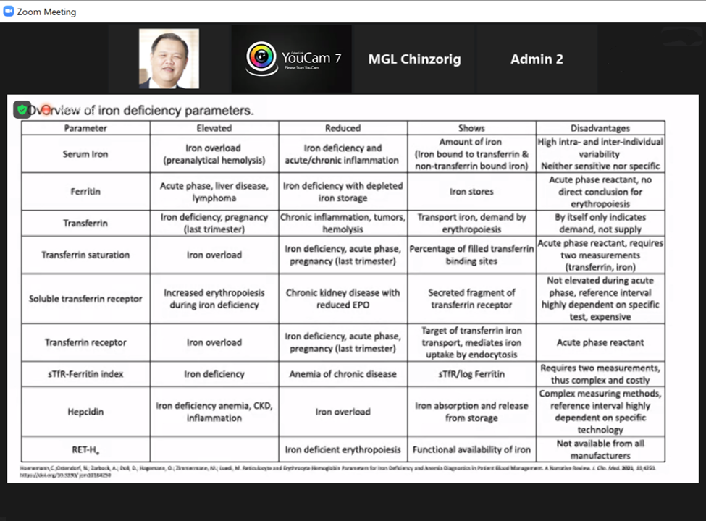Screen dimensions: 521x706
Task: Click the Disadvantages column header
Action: point(600,128)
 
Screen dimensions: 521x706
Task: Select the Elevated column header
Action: point(214,128)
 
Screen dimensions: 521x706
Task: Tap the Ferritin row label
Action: point(85,192)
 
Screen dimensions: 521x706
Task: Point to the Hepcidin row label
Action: point(85,412)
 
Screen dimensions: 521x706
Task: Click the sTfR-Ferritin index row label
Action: point(85,374)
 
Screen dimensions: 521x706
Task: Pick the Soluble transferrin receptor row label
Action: point(85,299)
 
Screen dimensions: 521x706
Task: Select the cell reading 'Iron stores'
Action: point(471,192)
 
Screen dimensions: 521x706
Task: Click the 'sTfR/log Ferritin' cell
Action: point(471,374)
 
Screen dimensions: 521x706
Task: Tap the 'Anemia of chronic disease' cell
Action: point(343,374)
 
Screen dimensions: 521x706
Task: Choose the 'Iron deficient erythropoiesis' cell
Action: point(343,449)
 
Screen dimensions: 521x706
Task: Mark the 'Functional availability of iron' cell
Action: point(471,449)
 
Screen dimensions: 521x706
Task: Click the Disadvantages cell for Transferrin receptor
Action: point(600,342)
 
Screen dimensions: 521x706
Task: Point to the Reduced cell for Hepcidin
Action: point(343,412)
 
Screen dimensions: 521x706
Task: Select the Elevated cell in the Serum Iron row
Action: point(214,154)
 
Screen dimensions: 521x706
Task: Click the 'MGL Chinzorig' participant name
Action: point(414,59)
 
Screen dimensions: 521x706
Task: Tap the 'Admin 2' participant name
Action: point(537,59)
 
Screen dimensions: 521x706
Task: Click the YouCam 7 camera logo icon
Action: point(261,58)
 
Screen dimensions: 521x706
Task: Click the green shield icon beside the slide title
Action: point(22,110)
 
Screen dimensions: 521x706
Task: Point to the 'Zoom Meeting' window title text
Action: point(46,12)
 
